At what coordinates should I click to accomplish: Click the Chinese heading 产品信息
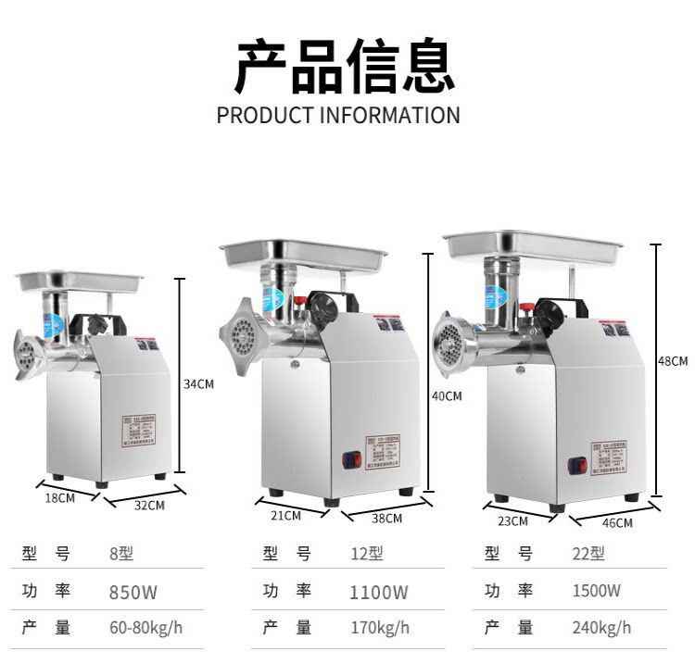345,68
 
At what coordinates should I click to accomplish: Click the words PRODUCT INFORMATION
338,116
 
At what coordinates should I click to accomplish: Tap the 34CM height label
198,383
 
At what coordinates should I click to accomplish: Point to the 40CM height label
447,396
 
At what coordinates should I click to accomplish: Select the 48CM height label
673,360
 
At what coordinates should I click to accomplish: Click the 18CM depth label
59,497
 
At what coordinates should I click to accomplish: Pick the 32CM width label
149,506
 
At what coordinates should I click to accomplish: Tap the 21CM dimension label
285,515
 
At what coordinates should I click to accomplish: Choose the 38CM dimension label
386,519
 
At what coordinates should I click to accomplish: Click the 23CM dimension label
512,520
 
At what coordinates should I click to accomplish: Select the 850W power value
133,592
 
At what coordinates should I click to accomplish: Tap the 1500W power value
597,591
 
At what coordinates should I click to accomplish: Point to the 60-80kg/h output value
146,628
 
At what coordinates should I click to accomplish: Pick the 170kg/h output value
379,628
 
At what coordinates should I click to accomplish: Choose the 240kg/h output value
601,628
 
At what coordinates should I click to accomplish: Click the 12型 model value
366,554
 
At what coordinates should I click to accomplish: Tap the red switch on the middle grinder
350,458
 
